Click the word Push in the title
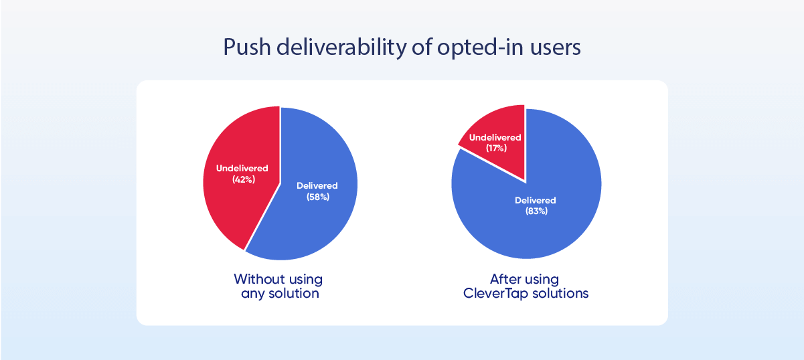(247, 47)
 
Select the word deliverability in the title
(341, 47)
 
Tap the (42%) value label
(244, 179)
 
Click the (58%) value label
(318, 197)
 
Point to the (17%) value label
(497, 148)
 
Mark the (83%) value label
(537, 211)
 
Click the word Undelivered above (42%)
(242, 169)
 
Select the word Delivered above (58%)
(317, 185)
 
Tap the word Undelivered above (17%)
(495, 137)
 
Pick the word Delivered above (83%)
(535, 200)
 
